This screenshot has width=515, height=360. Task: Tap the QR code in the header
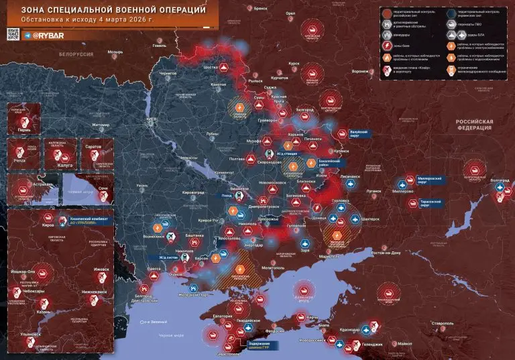tap(12, 34)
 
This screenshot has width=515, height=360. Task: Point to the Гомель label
tap(160, 46)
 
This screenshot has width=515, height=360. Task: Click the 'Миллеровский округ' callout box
tap(428, 180)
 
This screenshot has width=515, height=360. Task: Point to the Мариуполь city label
tap(329, 256)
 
